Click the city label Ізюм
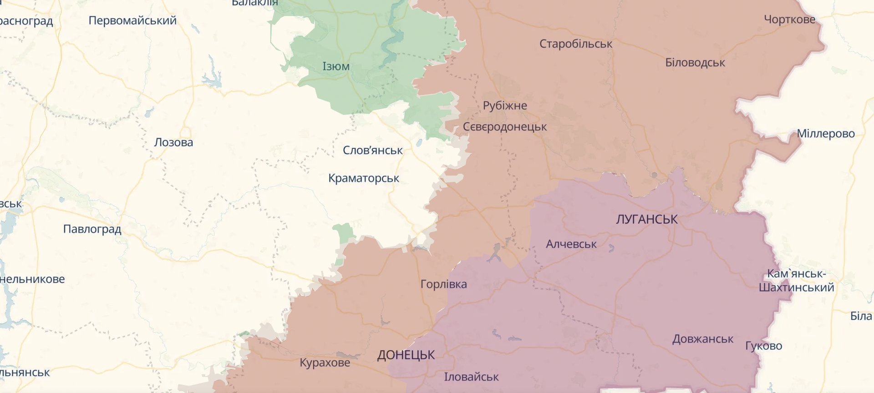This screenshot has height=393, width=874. point(336,66)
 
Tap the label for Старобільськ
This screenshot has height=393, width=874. point(576,44)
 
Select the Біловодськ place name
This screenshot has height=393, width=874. point(695,63)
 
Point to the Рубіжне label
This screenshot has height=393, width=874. point(505,106)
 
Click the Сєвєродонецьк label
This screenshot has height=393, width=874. point(505,127)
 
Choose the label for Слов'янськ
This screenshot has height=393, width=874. point(373,151)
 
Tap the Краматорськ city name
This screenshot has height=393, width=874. point(364,178)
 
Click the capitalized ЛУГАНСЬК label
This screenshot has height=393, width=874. point(646,219)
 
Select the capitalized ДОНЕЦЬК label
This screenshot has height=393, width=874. point(406,355)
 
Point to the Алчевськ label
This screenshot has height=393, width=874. point(571,244)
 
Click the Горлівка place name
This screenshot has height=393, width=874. point(444,284)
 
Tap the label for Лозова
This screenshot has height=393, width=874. point(173,142)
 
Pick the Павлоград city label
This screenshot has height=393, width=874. point(92,229)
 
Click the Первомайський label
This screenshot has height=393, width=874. point(132,20)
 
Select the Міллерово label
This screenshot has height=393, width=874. point(826,134)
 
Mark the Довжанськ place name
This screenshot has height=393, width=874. point(703,339)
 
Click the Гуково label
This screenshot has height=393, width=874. point(763,346)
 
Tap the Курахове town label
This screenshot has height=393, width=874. point(325,363)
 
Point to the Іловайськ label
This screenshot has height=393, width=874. point(472,377)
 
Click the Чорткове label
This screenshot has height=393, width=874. point(790,20)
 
